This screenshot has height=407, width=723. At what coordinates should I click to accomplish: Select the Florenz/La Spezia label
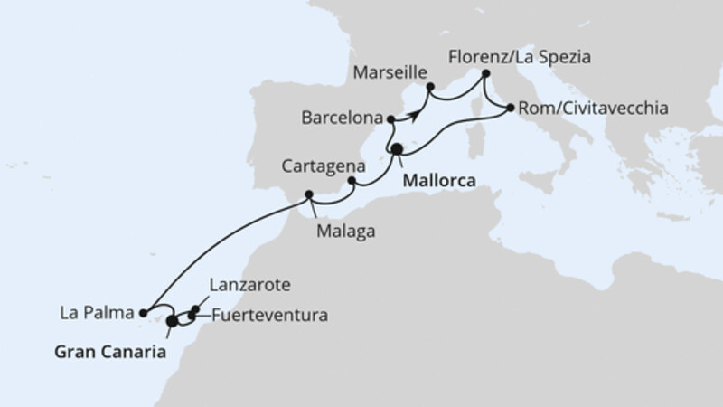(x=520, y=56)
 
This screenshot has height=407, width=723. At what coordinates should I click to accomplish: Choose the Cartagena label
(x=323, y=167)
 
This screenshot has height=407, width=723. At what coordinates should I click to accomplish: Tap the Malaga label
(x=345, y=231)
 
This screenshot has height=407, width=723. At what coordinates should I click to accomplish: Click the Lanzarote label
(x=249, y=285)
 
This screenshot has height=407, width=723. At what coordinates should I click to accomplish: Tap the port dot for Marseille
(x=429, y=87)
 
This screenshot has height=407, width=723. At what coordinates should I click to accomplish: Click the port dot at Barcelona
(x=390, y=118)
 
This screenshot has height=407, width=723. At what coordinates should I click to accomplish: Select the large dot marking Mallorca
(x=396, y=149)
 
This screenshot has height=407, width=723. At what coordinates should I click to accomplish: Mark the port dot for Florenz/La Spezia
(x=485, y=73)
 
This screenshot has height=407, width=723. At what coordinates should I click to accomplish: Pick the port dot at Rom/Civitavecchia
(x=511, y=109)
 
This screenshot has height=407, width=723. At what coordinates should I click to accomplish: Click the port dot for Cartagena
(x=351, y=182)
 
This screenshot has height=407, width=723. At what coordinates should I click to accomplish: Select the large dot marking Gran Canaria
(x=173, y=319)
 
